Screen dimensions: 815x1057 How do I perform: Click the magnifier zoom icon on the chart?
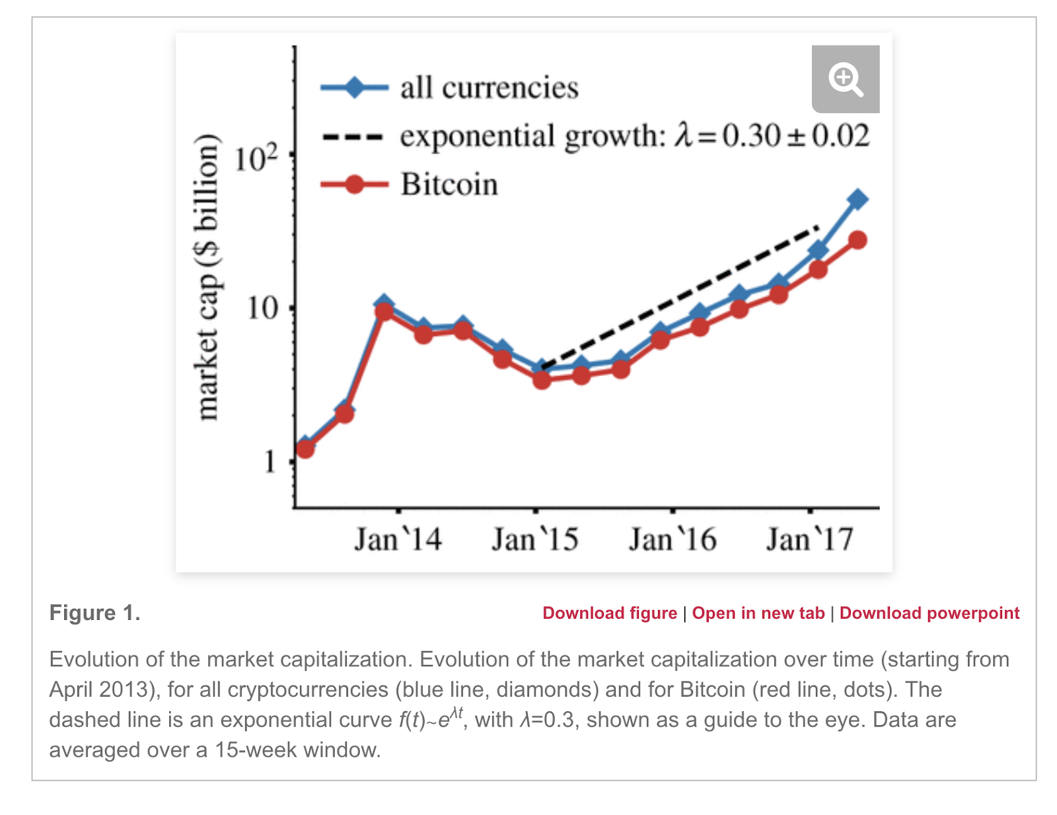coord(845,79)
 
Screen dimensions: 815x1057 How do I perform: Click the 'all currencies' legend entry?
coord(489,88)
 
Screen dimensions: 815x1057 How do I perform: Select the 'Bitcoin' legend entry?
coord(449,184)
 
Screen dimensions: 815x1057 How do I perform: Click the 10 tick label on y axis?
coord(263,308)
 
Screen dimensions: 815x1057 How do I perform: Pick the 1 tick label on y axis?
coord(270,462)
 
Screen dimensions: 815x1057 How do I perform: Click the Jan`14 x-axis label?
coord(398,539)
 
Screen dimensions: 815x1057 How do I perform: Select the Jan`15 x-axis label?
coord(534,539)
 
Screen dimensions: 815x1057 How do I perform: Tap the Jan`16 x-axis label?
coord(673,539)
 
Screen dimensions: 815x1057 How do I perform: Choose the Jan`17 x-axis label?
coord(809,539)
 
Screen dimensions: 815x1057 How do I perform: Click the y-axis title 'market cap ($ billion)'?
coord(207,277)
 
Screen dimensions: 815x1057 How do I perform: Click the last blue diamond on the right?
coord(857,200)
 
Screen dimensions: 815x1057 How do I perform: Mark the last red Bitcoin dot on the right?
coord(857,241)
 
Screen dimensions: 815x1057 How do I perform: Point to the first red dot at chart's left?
coord(305,449)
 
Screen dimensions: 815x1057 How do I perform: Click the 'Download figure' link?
coord(610,613)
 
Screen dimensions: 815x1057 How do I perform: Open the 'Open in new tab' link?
coord(758,613)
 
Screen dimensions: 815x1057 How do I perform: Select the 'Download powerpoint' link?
coord(929,613)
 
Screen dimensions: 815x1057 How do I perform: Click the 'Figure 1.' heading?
coord(95,613)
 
